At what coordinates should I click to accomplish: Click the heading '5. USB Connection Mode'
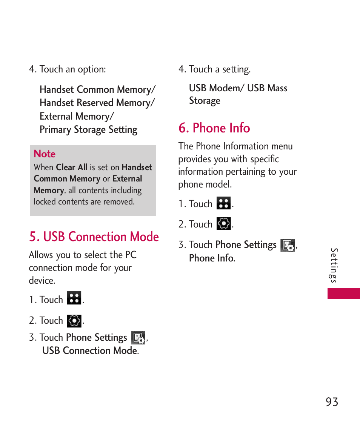[94, 237]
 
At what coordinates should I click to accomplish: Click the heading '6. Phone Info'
[214, 128]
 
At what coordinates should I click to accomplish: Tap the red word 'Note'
[45, 154]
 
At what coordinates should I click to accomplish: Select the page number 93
[332, 402]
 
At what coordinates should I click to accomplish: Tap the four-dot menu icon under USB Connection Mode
[74, 298]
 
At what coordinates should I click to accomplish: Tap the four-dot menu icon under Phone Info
[224, 203]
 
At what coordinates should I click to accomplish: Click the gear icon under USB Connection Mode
[74, 321]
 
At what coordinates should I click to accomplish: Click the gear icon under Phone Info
[224, 224]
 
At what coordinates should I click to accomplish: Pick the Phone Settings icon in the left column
[138, 338]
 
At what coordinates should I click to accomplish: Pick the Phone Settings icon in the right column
[288, 245]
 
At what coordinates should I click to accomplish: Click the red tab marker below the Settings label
[343, 293]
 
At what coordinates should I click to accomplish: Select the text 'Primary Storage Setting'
[88, 130]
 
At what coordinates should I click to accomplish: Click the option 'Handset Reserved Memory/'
[97, 103]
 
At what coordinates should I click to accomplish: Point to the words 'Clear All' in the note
[71, 167]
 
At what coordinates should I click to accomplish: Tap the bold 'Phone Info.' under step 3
[212, 258]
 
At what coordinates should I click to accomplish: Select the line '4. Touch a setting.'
[214, 69]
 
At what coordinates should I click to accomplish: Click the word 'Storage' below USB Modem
[205, 101]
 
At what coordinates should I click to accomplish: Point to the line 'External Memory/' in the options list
[77, 117]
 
